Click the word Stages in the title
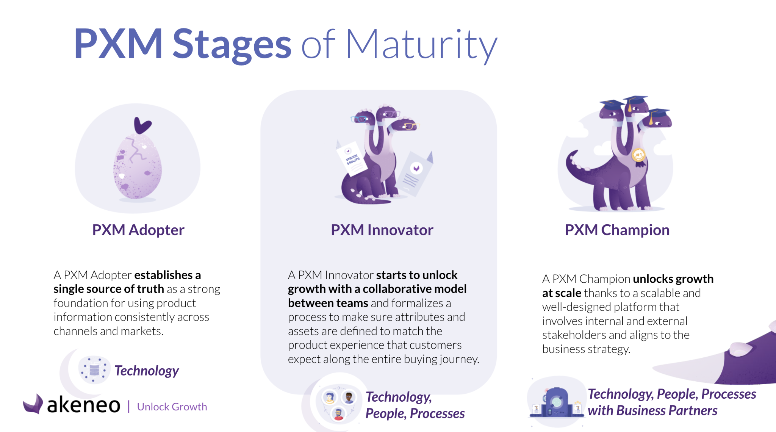point(232,45)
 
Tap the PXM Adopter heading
point(138,230)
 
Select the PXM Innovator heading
point(382,230)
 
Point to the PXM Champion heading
point(617,230)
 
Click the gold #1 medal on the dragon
point(639,156)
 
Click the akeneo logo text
point(83,405)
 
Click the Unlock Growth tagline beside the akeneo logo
point(172,407)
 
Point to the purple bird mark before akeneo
point(33,404)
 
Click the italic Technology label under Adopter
point(147,371)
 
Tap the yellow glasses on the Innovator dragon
point(409,126)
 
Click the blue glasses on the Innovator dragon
point(359,119)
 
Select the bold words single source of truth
point(109,289)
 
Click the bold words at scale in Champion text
point(562,293)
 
